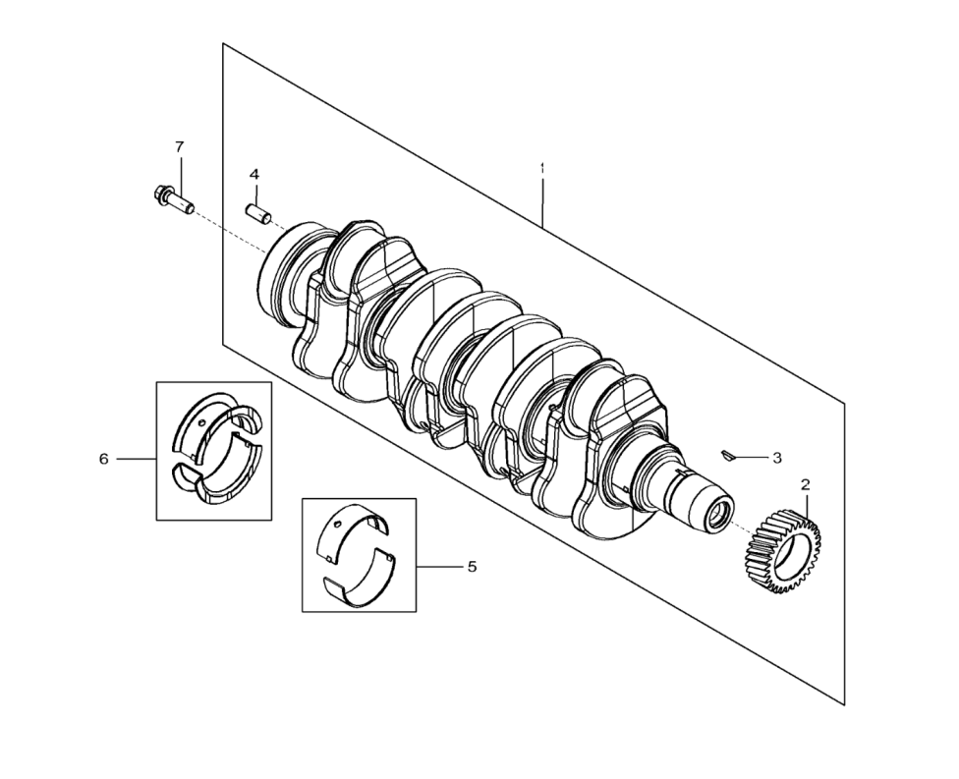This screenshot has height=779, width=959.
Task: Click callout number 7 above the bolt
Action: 179,146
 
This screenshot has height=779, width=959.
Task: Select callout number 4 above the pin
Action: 254,174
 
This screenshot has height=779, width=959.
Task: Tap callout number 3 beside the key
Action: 777,458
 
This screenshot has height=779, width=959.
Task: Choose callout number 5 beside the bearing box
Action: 472,567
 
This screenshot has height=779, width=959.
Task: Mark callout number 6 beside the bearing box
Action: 104,459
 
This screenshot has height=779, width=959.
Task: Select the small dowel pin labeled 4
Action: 259,213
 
